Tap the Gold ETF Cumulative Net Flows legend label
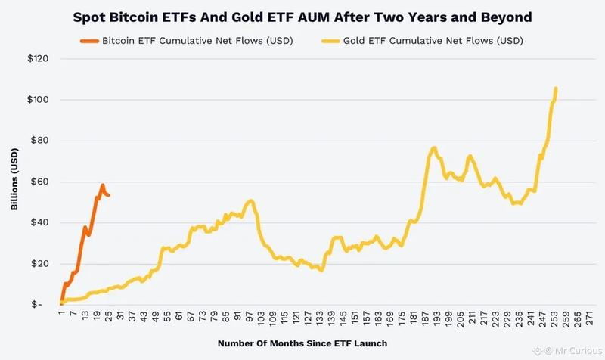pos(434,40)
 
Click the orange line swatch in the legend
pos(87,40)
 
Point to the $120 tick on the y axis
pos(40,59)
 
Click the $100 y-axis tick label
pos(40,100)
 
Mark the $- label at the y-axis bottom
pos(44,304)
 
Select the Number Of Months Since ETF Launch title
pos(302,343)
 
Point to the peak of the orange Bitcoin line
pos(103,185)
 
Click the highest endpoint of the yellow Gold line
pos(556,88)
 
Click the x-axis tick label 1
pos(60,315)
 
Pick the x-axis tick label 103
pos(262,318)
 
